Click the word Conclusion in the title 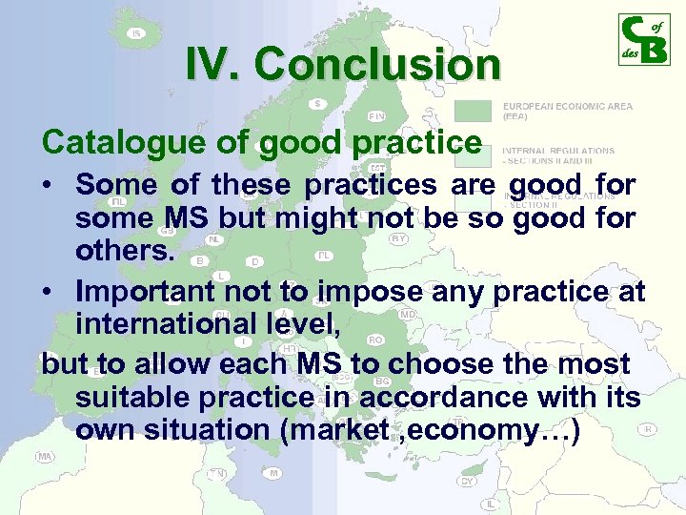pos(377,65)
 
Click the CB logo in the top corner pos(643,40)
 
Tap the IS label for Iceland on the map pos(136,33)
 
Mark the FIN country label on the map pos(376,116)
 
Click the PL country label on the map pos(324,256)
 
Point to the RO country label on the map pos(375,340)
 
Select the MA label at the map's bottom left pos(44,457)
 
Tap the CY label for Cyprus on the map pos(467,481)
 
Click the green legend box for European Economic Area pos(474,111)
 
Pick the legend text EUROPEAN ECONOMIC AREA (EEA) pos(566,111)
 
